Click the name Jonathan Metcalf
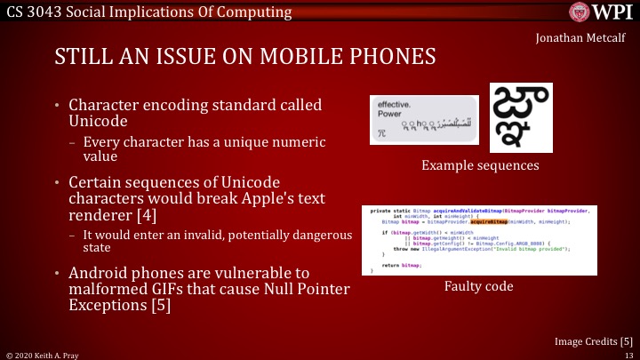(x=580, y=38)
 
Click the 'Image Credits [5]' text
(x=593, y=340)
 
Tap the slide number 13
(x=629, y=354)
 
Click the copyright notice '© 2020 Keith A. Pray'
(x=42, y=354)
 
